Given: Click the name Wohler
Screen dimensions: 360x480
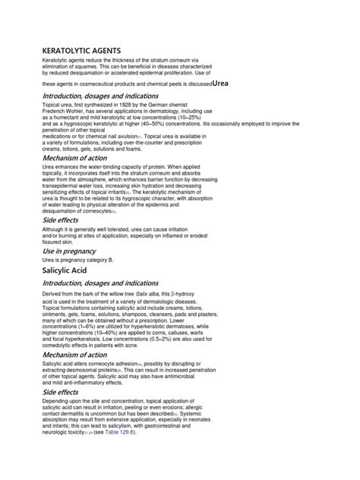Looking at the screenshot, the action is (80, 119).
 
